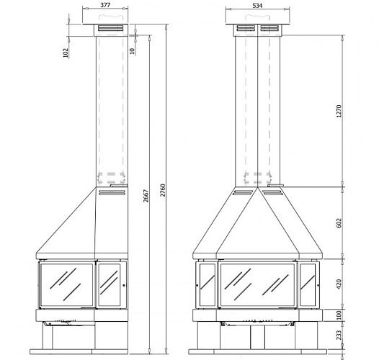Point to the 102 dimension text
66,52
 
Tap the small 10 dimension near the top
132,51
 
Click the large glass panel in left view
67,284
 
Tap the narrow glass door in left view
110,284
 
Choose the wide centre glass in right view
257,284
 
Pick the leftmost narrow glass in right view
207,284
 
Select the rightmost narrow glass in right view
307,284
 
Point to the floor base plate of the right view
257,352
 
